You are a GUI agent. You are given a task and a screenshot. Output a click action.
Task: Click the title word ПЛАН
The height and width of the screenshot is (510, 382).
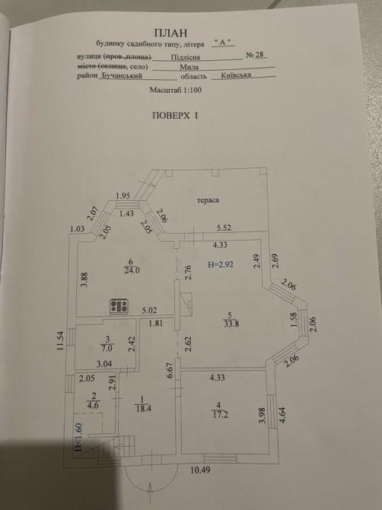click(x=171, y=33)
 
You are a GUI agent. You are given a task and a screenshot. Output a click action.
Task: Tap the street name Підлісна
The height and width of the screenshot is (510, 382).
click(x=186, y=57)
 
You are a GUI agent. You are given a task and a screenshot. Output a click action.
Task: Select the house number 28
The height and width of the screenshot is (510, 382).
click(x=259, y=54)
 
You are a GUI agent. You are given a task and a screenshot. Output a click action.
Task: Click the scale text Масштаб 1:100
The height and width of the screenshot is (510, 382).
click(x=176, y=90)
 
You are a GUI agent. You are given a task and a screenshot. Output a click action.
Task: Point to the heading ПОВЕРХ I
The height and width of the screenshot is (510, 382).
click(x=175, y=116)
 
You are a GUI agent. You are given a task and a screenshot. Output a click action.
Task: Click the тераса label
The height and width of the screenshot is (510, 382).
click(x=208, y=200)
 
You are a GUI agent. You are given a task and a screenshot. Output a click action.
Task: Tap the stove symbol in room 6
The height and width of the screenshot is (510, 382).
click(x=119, y=307)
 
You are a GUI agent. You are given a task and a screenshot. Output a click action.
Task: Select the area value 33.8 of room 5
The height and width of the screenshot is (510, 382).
click(x=231, y=324)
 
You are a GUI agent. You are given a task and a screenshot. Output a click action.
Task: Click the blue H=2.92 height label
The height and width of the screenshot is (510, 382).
click(x=221, y=264)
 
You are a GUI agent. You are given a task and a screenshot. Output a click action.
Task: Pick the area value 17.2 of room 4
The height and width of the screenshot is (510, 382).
click(x=220, y=415)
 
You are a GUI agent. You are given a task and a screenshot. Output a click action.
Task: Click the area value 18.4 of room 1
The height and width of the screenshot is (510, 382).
click(x=143, y=409)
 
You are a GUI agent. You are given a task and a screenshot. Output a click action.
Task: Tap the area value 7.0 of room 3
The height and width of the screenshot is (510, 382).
click(x=107, y=349)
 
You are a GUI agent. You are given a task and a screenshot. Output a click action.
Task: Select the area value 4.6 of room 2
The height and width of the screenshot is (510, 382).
click(x=94, y=405)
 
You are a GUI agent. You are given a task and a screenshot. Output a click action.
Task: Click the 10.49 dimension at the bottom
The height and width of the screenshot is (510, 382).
click(x=200, y=470)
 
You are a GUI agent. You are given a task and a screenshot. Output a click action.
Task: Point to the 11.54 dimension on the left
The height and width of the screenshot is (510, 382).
click(x=60, y=340)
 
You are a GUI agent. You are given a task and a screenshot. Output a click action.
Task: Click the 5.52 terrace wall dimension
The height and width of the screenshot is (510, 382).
click(x=224, y=228)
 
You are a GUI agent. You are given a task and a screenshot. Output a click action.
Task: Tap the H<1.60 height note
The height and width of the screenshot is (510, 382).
click(x=78, y=437)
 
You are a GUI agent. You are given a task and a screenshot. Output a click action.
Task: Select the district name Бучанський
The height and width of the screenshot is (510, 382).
click(x=121, y=76)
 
